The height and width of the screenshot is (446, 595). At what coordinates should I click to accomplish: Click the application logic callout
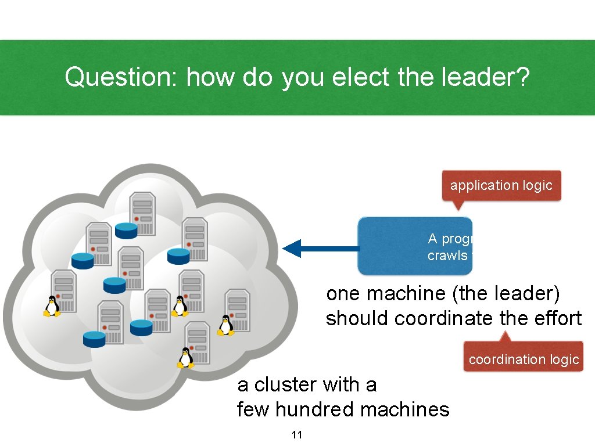501,186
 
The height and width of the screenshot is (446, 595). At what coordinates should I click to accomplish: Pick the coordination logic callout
524,359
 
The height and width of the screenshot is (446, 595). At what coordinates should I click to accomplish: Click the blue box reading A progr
415,246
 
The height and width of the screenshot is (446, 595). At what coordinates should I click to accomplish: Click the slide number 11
297,435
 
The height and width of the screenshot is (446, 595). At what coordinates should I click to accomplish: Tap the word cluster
285,384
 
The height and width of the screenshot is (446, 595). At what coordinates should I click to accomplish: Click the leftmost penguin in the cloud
52,306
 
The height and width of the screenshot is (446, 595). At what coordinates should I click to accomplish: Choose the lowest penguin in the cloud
186,358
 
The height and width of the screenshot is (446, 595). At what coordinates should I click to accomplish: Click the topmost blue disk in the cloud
126,231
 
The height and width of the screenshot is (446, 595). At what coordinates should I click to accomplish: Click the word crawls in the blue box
447,256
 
